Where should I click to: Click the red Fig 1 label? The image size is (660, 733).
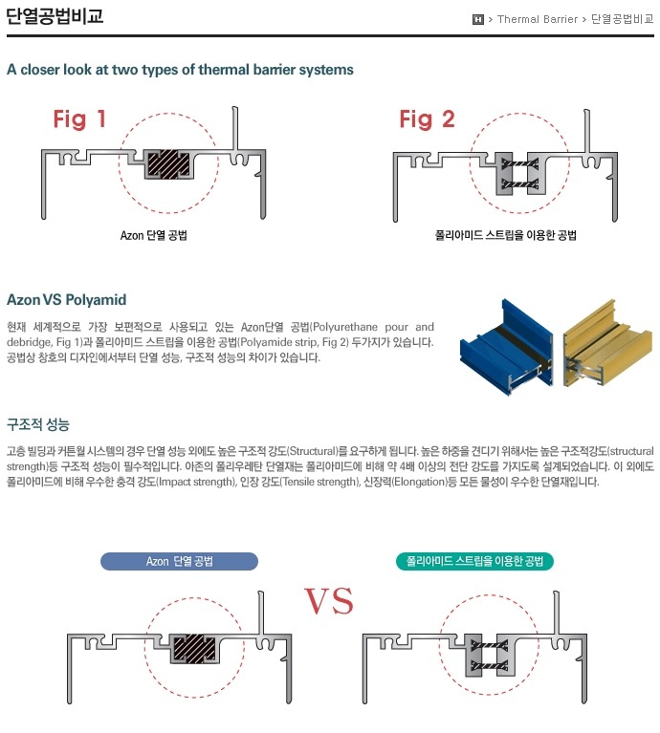[x=79, y=119]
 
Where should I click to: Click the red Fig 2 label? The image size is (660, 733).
[x=427, y=119]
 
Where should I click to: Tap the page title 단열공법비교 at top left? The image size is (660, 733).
[x=55, y=16]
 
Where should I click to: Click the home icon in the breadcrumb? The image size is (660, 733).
[x=477, y=19]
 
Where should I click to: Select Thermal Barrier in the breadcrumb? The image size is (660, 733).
[x=538, y=19]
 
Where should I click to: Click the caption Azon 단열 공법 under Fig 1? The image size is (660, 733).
[x=154, y=235]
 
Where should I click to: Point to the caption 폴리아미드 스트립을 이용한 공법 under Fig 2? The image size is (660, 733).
[x=506, y=235]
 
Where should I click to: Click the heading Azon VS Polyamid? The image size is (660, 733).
[x=66, y=300]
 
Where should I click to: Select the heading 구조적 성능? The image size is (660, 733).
[x=38, y=424]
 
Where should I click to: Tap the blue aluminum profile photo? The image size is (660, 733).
[x=507, y=347]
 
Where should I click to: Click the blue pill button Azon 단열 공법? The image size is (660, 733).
[x=179, y=561]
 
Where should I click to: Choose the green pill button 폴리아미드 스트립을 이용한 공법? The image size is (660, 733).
[x=474, y=561]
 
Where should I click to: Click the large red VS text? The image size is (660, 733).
[x=328, y=601]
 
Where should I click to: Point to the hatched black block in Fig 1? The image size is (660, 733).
[x=168, y=163]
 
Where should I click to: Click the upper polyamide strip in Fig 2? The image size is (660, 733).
[x=519, y=164]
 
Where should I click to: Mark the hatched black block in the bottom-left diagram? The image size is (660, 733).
[x=194, y=648]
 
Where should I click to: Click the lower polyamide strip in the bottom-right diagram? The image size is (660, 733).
[x=490, y=666]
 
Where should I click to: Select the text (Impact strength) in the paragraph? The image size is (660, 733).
[x=196, y=482]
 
